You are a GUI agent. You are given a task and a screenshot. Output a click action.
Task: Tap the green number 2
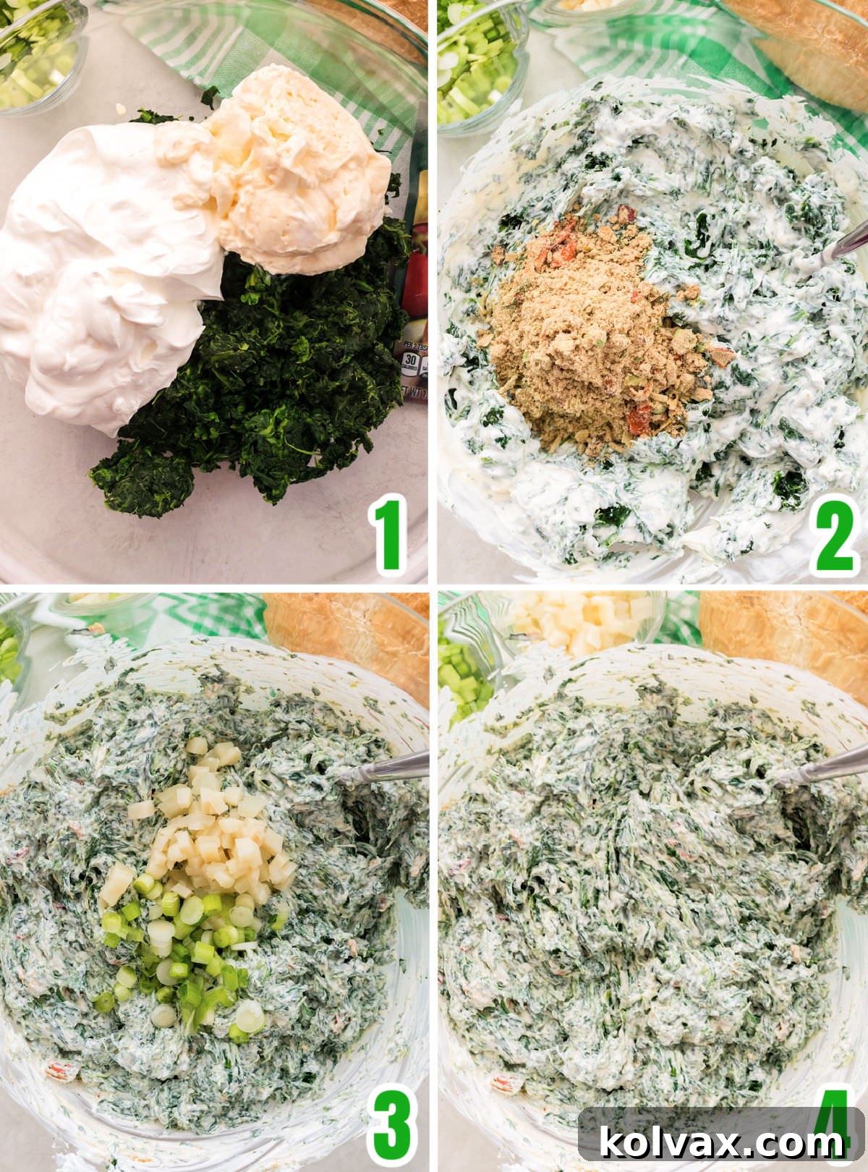pos(835,536)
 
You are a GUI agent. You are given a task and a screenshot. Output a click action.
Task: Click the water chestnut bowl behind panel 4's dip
pos(579,619)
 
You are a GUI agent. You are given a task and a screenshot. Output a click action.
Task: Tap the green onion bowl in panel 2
pos(474,65)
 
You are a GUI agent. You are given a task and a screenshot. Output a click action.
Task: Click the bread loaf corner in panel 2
pos(810,43)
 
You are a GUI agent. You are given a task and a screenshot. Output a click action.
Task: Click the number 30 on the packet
pos(412,359)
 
